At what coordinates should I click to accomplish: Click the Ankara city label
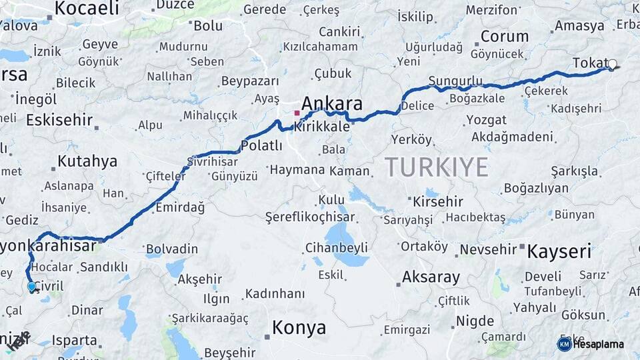click(332, 103)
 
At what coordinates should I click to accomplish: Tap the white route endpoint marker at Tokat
click(612, 65)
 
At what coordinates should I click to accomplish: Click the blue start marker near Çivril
click(31, 287)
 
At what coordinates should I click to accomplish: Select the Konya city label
click(299, 328)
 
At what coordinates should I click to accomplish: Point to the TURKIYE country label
click(436, 167)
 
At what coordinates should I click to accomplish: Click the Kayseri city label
click(559, 251)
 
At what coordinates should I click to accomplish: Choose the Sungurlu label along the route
click(455, 81)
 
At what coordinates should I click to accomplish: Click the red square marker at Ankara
click(297, 113)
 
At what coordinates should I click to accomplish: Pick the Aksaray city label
click(431, 277)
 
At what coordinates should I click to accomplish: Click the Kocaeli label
click(87, 8)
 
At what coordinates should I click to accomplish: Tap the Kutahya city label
click(87, 161)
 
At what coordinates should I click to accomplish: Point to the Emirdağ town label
click(180, 207)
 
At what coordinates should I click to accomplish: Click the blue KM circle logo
click(564, 343)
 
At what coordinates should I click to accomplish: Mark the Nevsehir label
click(489, 249)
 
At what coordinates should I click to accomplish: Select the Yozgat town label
click(486, 120)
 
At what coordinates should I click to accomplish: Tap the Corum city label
click(505, 36)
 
